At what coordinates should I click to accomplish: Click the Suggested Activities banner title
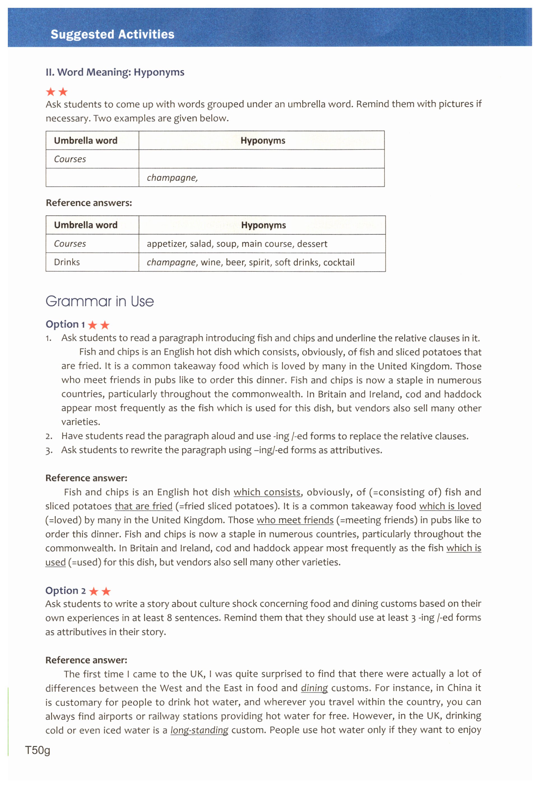click(112, 34)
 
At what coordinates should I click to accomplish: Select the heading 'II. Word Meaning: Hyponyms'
click(115, 72)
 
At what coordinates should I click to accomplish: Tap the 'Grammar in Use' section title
click(100, 301)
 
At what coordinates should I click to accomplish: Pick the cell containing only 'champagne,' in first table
click(172, 178)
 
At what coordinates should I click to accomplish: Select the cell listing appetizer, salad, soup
click(237, 244)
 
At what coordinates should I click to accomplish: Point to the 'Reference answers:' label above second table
click(89, 203)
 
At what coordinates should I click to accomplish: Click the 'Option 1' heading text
click(65, 324)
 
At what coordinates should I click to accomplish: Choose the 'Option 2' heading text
click(66, 591)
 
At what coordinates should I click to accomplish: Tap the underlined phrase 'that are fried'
click(143, 506)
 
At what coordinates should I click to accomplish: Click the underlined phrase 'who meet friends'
click(295, 520)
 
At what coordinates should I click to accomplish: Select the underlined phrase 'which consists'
click(267, 492)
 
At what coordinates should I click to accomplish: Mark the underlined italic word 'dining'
click(314, 688)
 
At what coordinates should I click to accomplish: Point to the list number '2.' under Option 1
click(49, 436)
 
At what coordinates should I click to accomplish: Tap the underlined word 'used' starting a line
click(55, 562)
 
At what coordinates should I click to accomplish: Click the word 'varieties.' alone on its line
click(81, 422)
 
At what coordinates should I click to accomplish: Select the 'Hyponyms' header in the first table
click(263, 140)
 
